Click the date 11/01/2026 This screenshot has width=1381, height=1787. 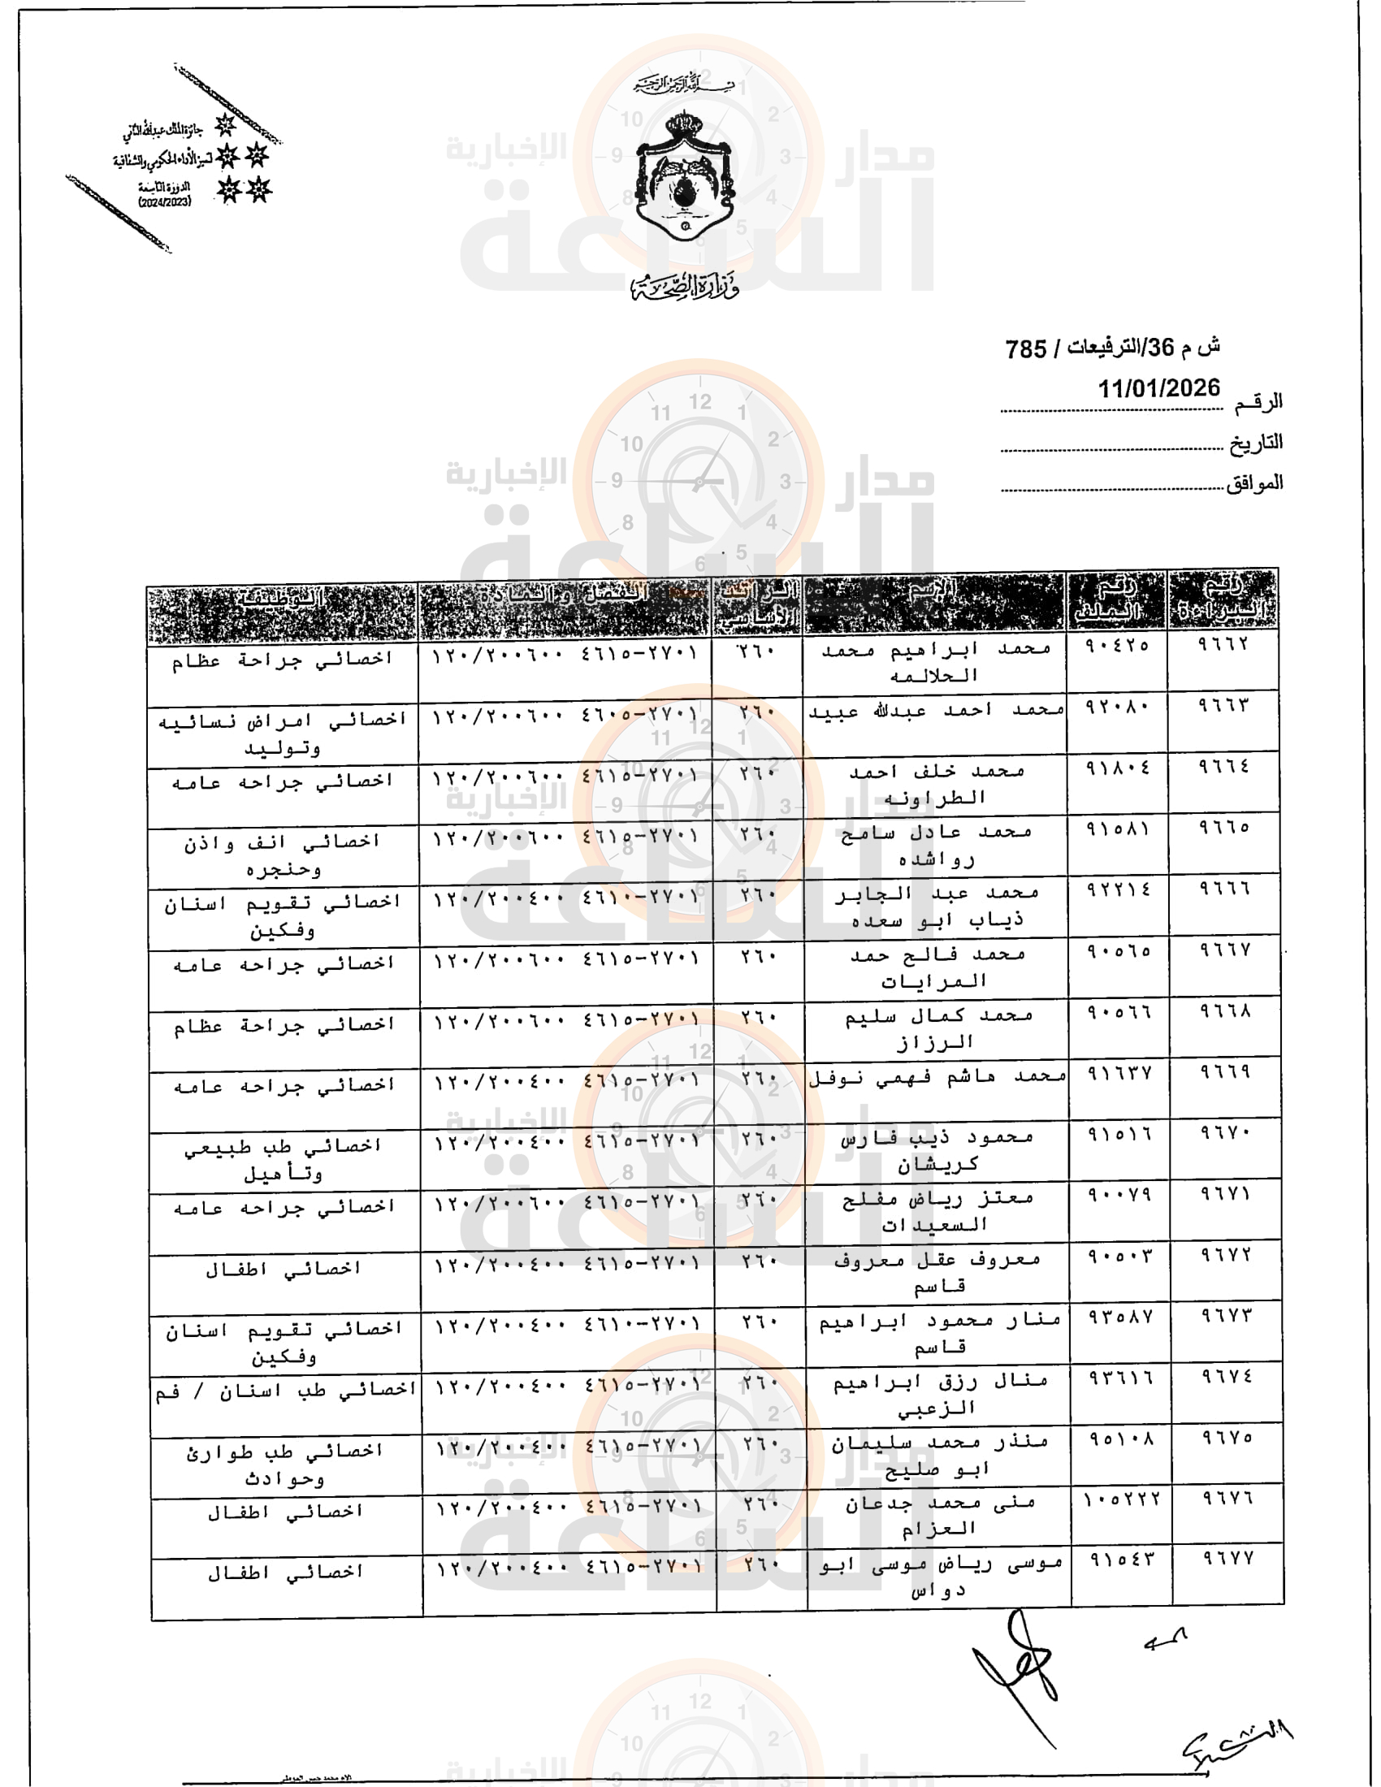click(1158, 387)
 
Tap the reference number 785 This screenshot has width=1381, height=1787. click(1026, 349)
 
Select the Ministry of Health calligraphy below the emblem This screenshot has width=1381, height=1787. click(686, 286)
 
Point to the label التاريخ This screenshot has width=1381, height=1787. click(1255, 444)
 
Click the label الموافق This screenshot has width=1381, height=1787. click(1253, 483)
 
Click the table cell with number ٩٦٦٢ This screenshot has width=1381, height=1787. click(1223, 644)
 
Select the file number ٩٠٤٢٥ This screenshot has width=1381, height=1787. click(1117, 646)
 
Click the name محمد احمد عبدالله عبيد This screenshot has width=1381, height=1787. click(937, 712)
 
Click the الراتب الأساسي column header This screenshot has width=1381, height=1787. click(758, 604)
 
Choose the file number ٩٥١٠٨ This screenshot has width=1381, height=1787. click(1120, 1439)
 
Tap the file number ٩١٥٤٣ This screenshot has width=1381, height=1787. click(1121, 1560)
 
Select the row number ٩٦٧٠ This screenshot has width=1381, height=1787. click(1226, 1132)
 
